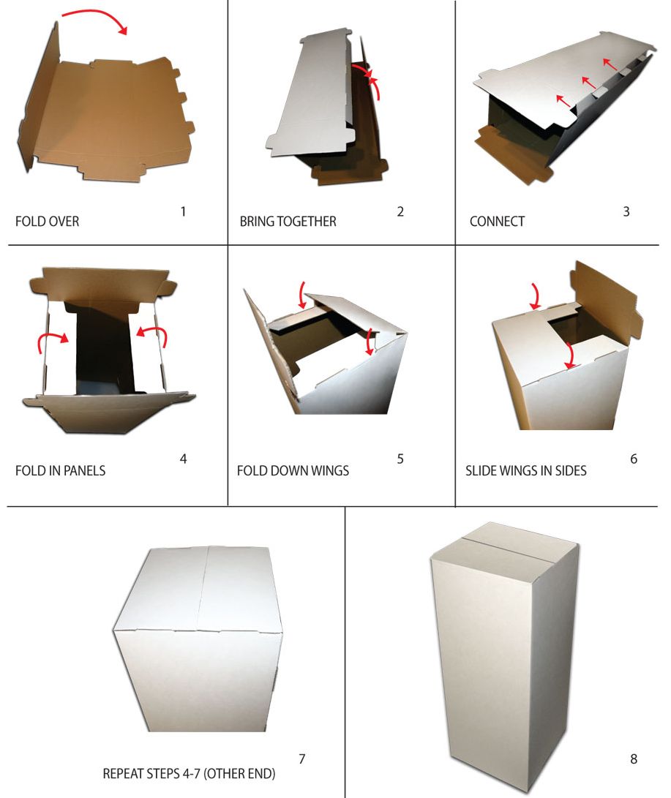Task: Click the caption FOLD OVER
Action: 48,222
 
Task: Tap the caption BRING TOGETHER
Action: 288,222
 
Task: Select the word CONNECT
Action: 497,222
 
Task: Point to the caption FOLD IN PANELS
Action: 61,470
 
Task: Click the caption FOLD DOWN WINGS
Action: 293,470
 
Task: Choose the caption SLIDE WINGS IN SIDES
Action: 526,470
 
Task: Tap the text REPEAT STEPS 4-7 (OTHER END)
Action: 189,774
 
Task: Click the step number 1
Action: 183,211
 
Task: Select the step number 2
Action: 400,211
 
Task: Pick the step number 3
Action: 626,211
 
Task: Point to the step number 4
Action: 183,459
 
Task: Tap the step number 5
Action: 400,459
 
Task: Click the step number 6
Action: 634,459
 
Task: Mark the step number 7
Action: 302,759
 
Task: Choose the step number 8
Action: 634,759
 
